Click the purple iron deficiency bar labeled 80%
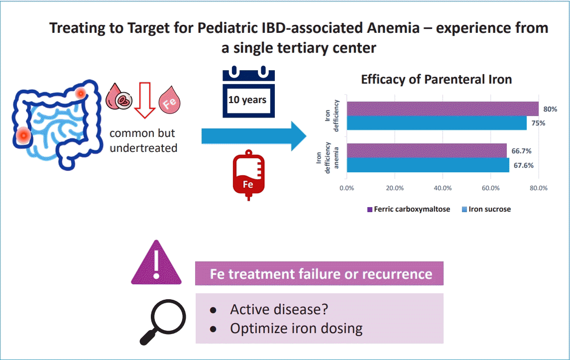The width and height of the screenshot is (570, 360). coord(443,109)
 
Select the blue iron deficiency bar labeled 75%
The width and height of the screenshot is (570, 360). coord(437,123)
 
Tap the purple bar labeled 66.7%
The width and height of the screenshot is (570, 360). coord(427,150)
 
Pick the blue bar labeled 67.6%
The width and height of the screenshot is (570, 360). coord(428,165)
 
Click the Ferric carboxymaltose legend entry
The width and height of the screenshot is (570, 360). coord(408,209)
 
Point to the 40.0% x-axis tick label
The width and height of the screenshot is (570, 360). coord(443,188)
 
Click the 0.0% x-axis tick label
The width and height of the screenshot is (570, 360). coord(346,188)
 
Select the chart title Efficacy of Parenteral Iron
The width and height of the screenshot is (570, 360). coord(436,80)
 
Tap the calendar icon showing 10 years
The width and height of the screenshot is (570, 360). coord(248,92)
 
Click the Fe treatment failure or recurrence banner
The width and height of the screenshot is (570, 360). coord(319,274)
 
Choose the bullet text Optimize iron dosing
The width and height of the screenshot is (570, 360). coord(296,329)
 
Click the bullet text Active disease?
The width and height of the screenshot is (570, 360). coord(279,309)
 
